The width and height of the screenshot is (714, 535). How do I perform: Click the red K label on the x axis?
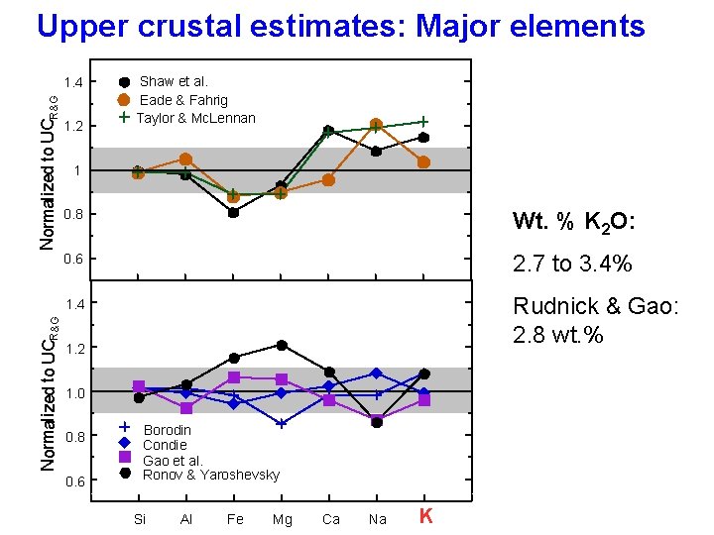[425, 516]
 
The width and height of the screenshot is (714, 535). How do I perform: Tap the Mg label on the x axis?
[282, 519]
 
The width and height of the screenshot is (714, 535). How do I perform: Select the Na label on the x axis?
[377, 519]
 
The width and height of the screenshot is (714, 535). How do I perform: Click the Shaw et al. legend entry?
[174, 81]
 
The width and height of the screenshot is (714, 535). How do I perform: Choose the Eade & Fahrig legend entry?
[183, 100]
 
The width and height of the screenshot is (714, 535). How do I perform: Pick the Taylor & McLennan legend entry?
[195, 118]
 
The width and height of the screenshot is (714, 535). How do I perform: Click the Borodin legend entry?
[168, 430]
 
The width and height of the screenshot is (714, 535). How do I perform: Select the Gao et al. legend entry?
[173, 460]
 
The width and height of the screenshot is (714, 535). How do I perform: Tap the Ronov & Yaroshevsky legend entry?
[211, 475]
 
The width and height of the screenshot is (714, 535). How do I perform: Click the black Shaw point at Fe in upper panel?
[234, 212]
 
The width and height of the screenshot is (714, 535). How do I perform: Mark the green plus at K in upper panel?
[423, 122]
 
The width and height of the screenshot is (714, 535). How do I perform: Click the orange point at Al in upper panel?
[185, 159]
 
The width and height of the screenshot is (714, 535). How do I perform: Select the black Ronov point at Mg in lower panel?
[282, 345]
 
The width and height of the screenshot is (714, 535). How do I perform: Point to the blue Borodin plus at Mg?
[282, 423]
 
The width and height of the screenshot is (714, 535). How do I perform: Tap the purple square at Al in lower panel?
[186, 408]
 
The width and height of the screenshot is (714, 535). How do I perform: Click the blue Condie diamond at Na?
[376, 374]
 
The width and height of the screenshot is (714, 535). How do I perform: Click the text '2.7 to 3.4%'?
[572, 265]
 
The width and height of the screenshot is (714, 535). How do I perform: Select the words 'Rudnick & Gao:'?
[596, 307]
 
